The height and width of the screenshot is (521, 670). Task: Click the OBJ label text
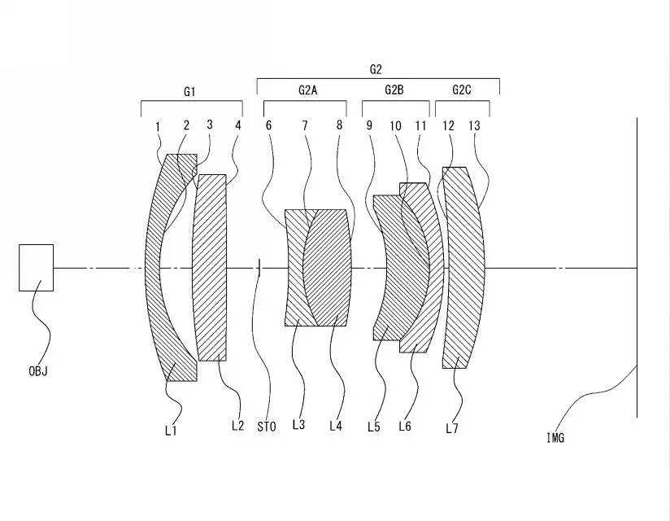pos(38,371)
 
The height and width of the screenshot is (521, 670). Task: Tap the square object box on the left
pos(37,268)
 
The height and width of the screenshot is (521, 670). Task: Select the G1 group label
pos(189,91)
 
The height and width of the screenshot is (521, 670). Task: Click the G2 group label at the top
pos(376,69)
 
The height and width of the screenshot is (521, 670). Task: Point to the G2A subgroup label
pos(307,90)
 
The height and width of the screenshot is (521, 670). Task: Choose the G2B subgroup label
pos(394,90)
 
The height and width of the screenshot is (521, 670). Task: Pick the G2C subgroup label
pos(462,90)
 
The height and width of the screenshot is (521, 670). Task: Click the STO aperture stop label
pos(267,427)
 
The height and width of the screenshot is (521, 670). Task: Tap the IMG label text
pos(555,438)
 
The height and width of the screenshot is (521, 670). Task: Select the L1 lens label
pos(171,431)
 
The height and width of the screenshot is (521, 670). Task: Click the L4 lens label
pos(336,426)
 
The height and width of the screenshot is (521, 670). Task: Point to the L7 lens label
pos(452,428)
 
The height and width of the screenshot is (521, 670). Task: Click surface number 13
pos(474,125)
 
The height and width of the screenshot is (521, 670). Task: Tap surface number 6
pos(268,125)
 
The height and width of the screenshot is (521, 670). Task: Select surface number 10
pos(395,125)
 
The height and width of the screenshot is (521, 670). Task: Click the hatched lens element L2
pos(210,268)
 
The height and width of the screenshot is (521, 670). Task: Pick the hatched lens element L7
pos(463,268)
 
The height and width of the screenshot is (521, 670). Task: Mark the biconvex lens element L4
pos(328,268)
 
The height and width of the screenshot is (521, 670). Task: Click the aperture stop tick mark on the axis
pos(259,268)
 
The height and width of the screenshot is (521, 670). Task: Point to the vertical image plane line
pos(637,268)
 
